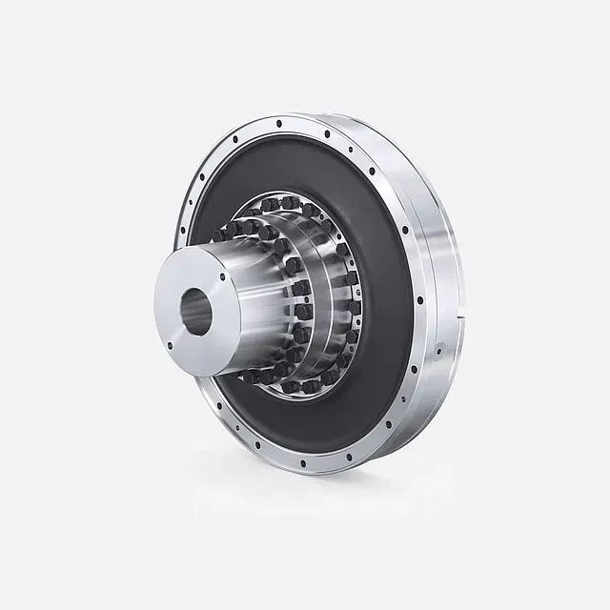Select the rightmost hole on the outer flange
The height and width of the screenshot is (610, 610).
point(419,301)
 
